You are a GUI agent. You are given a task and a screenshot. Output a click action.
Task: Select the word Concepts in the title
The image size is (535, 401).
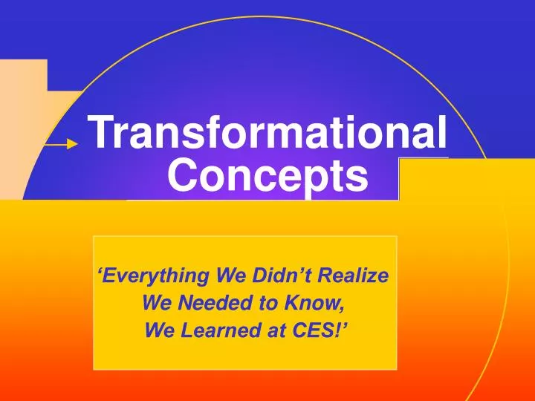point(267,176)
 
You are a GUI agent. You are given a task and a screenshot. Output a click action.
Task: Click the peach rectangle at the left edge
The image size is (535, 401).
point(22,126)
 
